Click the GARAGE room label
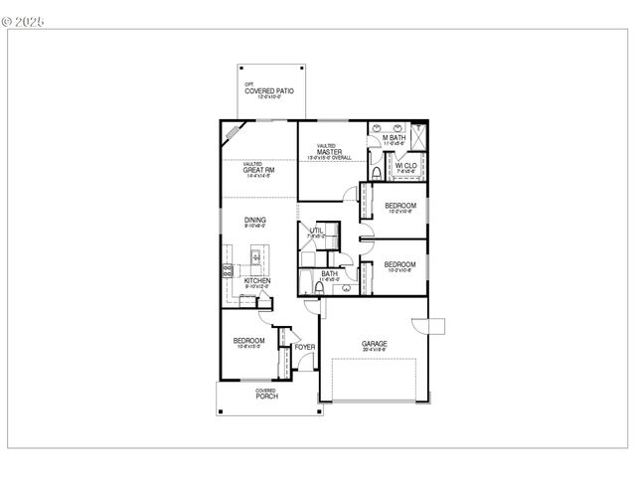[375, 345]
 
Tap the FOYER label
[304, 347]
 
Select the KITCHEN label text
[257, 280]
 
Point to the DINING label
[255, 221]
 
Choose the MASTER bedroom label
[330, 152]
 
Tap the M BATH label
[395, 138]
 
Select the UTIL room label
[316, 231]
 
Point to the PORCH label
[265, 396]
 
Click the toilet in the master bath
[376, 172]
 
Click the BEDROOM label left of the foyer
[250, 341]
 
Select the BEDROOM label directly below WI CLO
[400, 206]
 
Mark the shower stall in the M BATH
[418, 137]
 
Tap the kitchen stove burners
[228, 269]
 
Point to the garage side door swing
[431, 327]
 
